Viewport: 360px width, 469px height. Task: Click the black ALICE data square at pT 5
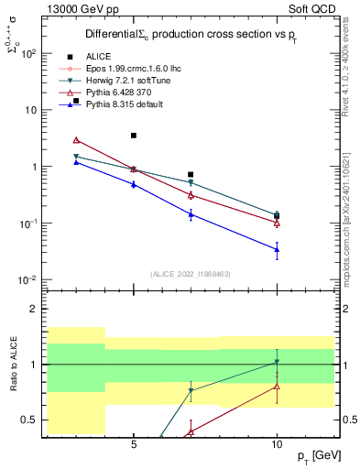(134, 136)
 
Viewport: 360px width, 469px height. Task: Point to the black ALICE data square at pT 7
(191, 174)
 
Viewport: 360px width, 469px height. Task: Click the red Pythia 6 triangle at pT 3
(76, 140)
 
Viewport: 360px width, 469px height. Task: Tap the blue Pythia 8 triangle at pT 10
(277, 249)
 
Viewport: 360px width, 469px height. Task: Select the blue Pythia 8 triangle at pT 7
(191, 214)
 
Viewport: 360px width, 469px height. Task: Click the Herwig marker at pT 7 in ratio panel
(191, 390)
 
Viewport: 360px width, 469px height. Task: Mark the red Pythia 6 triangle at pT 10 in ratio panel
(277, 386)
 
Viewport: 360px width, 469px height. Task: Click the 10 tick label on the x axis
(277, 443)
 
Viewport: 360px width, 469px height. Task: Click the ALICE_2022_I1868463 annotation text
(190, 275)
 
